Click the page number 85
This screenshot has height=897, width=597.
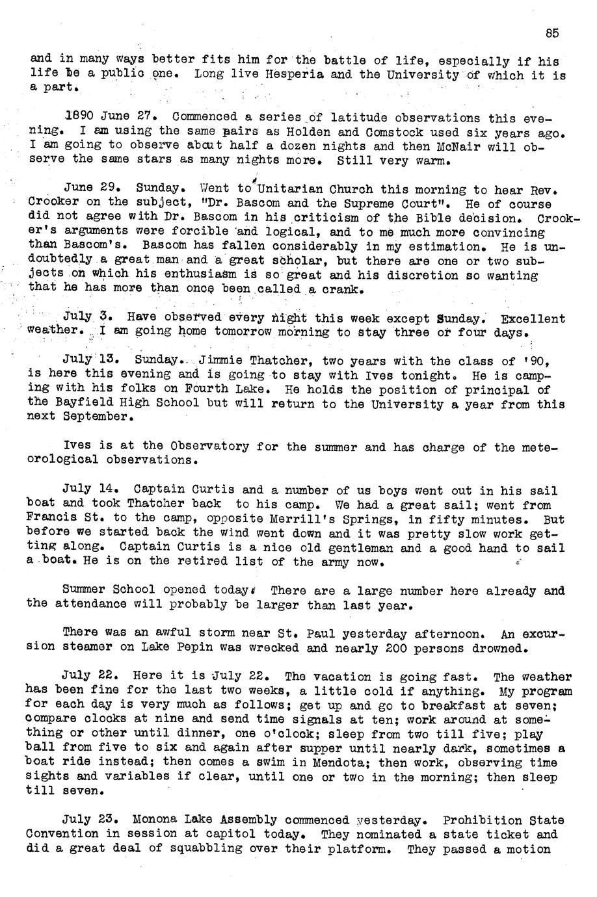point(553,34)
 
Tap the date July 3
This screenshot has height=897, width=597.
point(88,318)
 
